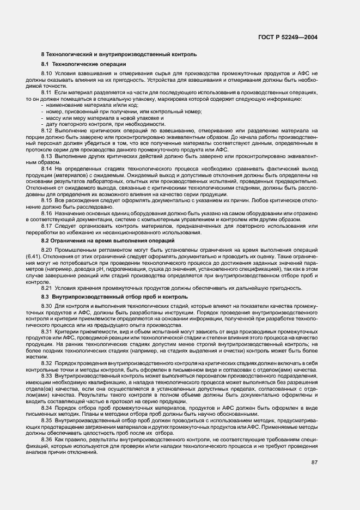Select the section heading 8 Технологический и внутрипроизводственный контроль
point(115,55)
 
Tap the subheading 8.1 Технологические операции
point(76,64)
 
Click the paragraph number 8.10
point(46,73)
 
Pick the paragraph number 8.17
point(46,226)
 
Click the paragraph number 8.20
point(46,249)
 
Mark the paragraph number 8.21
point(46,288)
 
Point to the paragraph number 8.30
point(46,306)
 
